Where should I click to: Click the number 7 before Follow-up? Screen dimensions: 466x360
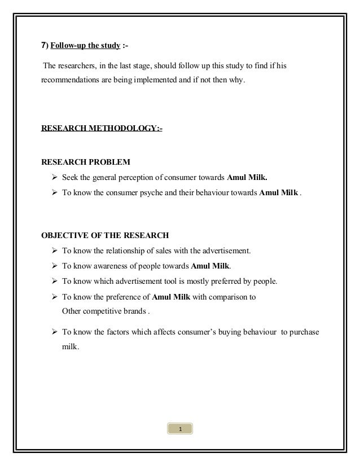pyautogui.click(x=44, y=45)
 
